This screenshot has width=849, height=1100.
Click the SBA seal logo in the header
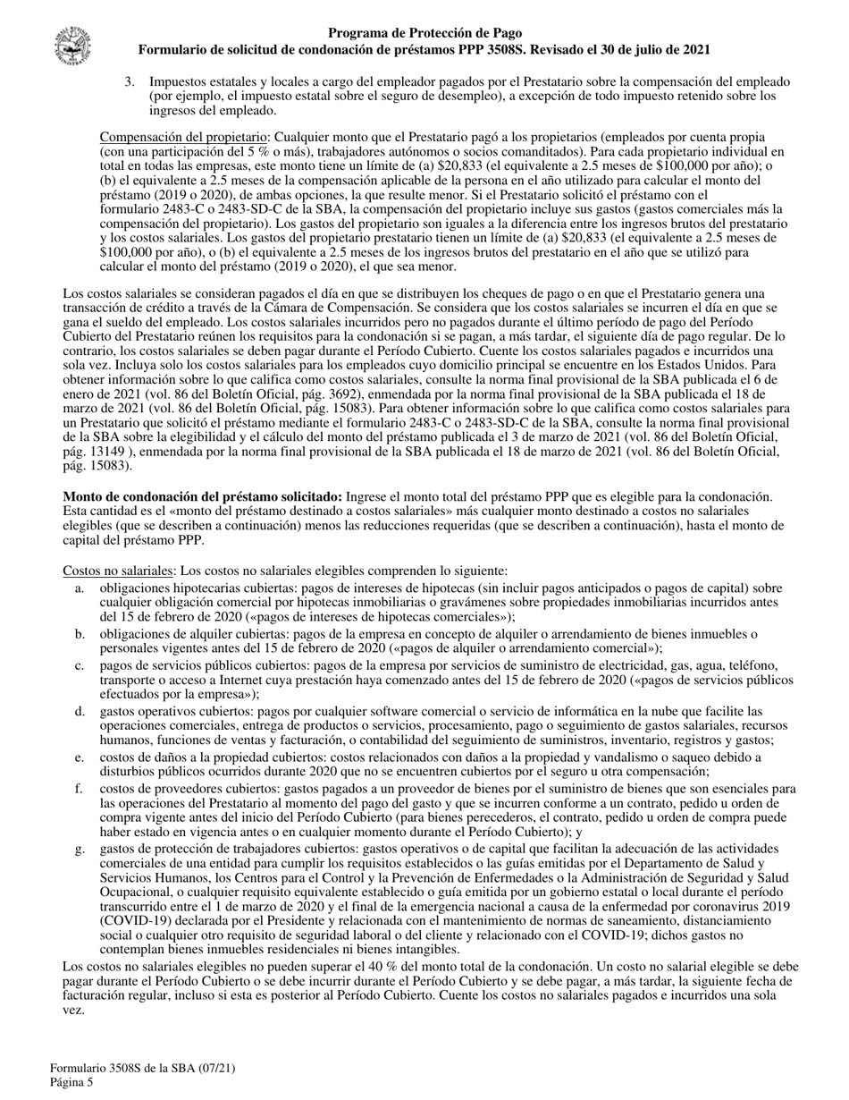[71, 44]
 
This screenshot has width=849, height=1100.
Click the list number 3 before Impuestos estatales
[130, 81]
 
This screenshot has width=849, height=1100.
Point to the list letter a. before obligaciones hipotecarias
[80, 588]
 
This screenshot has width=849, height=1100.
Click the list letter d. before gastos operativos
[80, 711]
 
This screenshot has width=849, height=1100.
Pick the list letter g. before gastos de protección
[80, 848]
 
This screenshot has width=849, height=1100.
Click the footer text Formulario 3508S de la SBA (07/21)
[143, 1068]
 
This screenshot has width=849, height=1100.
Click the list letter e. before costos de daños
[80, 757]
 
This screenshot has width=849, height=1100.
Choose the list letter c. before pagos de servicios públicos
[80, 665]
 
